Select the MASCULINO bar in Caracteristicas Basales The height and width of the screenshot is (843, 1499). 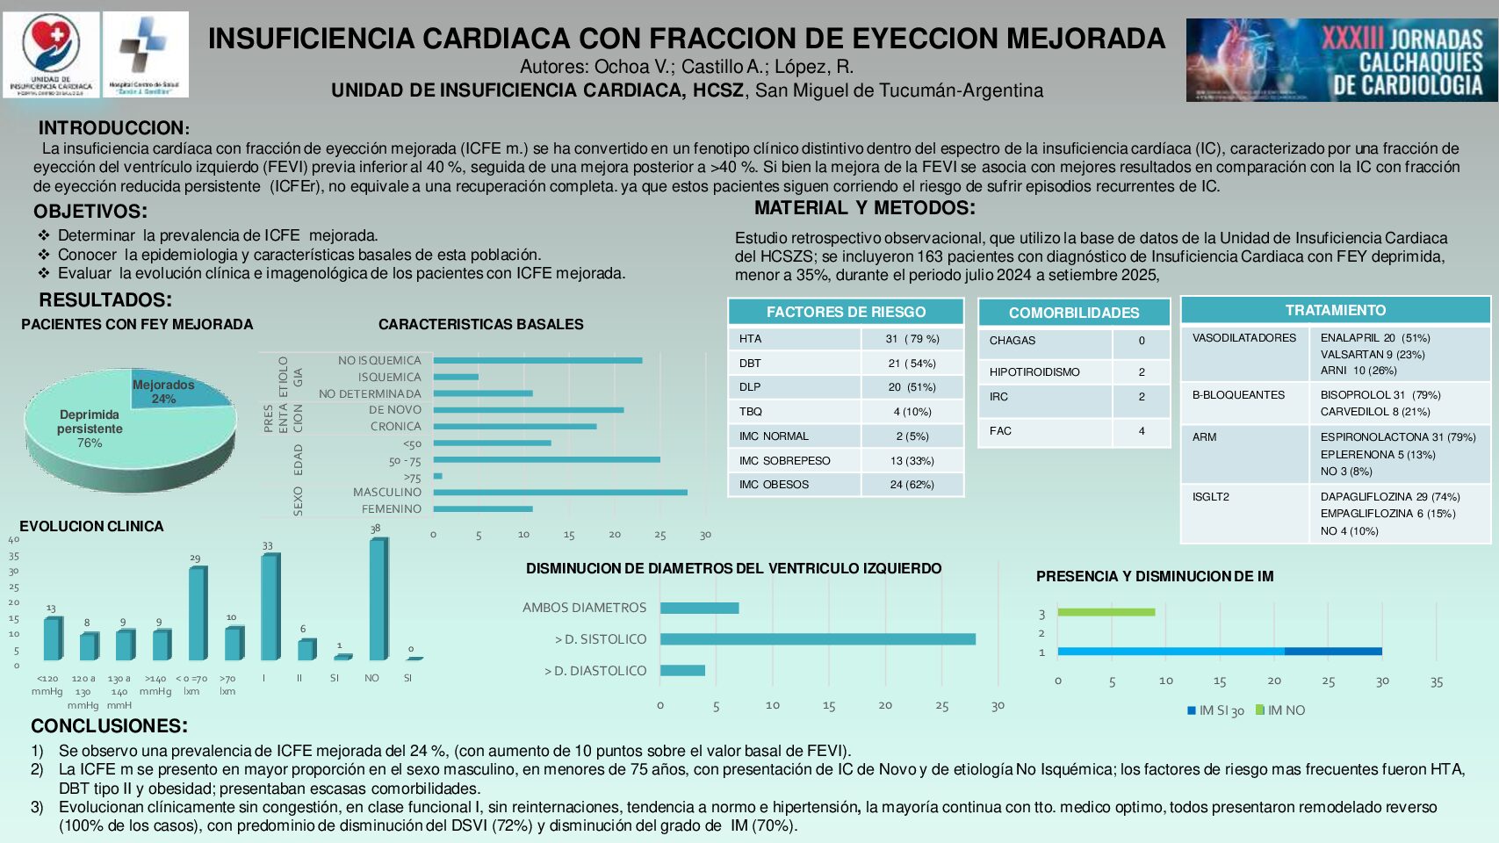(x=560, y=493)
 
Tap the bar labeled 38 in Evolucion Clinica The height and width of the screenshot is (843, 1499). (x=378, y=599)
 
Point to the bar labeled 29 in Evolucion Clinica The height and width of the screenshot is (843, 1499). (x=198, y=613)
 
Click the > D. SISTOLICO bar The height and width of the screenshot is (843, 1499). (x=818, y=639)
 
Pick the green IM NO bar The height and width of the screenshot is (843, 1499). (x=1106, y=612)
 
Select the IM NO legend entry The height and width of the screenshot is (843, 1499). (x=1281, y=710)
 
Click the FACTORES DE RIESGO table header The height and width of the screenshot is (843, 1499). (x=846, y=312)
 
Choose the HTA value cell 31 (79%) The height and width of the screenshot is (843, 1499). (x=912, y=339)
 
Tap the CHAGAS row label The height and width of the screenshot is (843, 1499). (x=1013, y=341)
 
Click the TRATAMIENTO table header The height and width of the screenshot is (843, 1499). (x=1335, y=310)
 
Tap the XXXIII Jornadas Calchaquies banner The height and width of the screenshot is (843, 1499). (x=1341, y=60)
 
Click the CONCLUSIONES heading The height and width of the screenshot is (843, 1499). (x=109, y=726)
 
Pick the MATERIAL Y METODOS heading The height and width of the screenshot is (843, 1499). (x=864, y=208)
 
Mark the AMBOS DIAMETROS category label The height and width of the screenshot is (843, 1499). (x=584, y=608)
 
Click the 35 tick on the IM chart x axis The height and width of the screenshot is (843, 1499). (x=1437, y=681)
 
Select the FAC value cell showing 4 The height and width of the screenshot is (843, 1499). (x=1142, y=431)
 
